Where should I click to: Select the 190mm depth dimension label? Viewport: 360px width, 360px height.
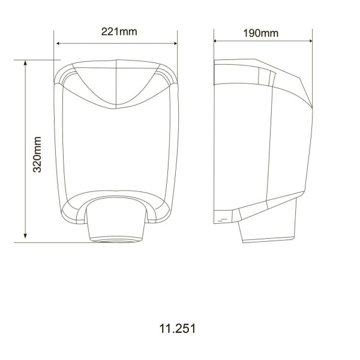click(x=260, y=33)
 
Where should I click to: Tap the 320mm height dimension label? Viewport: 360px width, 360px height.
click(x=37, y=155)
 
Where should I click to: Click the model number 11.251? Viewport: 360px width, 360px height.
click(x=178, y=329)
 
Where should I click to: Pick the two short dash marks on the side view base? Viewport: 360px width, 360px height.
click(x=223, y=220)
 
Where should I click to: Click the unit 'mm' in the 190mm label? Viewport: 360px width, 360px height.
click(x=269, y=33)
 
